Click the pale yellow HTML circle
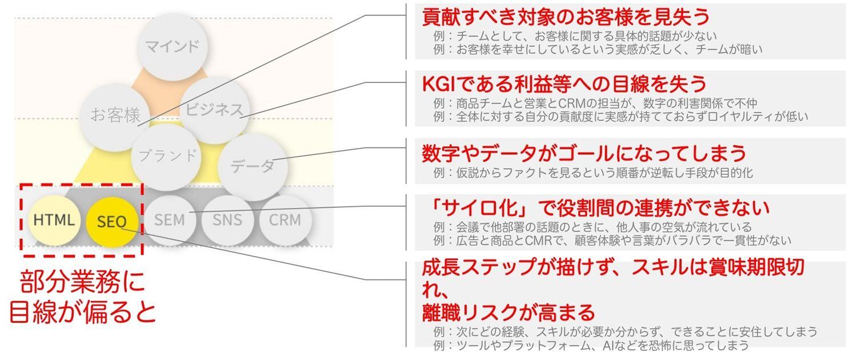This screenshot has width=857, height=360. point(54,220)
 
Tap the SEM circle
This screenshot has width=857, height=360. point(170,220)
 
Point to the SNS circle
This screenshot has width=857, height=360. point(227,220)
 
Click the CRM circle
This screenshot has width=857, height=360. point(285,220)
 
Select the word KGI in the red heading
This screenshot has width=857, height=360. point(439,84)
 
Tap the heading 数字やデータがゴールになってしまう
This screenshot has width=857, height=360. point(584,153)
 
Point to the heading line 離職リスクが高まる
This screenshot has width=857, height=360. point(508,312)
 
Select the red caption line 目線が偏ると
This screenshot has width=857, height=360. point(82,311)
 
